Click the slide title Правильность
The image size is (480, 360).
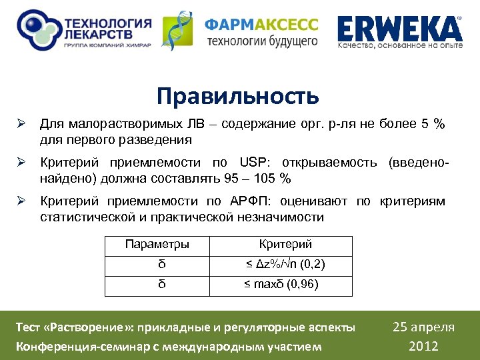(x=238, y=97)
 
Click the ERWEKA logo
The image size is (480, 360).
(x=399, y=29)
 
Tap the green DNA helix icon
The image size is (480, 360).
(x=179, y=31)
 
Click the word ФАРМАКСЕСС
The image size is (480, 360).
(x=261, y=25)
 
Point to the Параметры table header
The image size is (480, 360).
(x=157, y=244)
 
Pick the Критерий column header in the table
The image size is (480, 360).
(x=285, y=244)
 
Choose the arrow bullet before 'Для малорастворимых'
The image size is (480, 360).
(x=21, y=125)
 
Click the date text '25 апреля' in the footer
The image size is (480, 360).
(x=424, y=327)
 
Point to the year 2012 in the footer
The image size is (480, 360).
(x=424, y=345)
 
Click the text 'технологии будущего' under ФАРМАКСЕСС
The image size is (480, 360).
(x=262, y=41)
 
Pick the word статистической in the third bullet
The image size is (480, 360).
(x=85, y=217)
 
